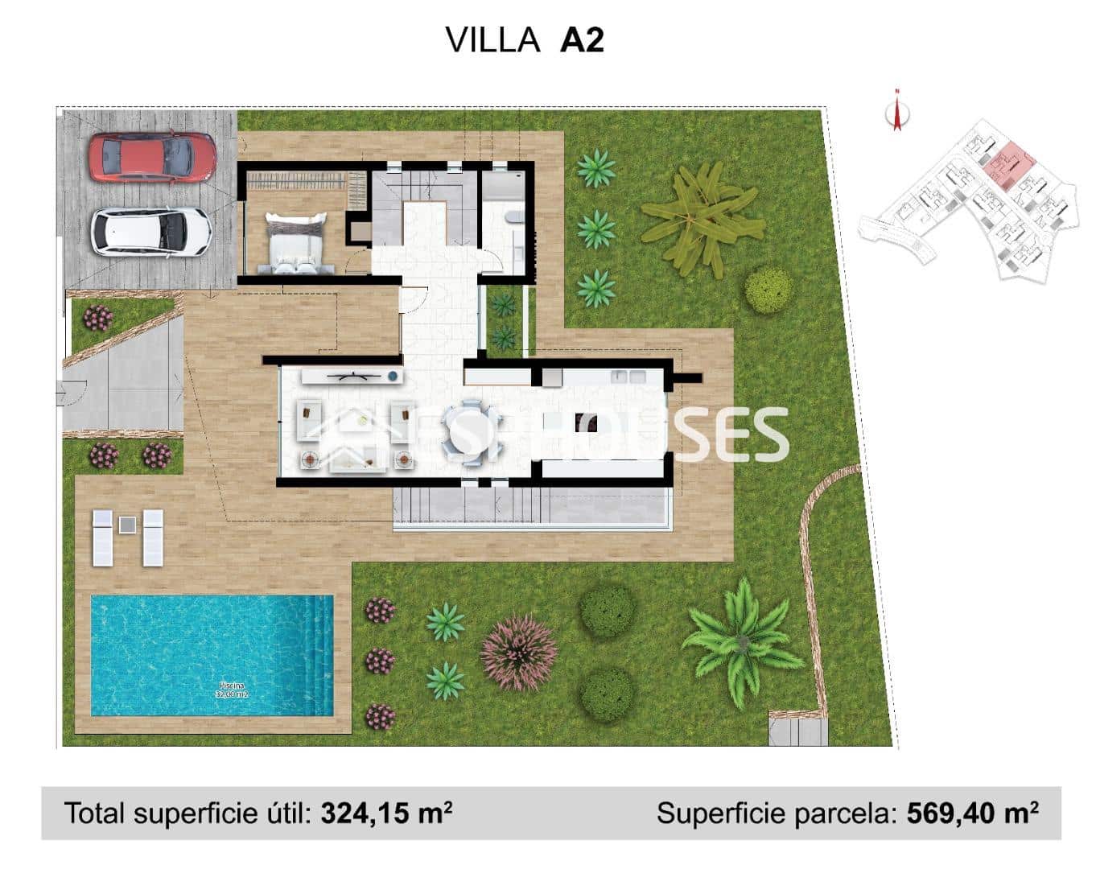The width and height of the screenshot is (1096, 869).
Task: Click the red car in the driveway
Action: [152, 156]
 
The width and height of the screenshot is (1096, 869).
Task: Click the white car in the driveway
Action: [151, 231]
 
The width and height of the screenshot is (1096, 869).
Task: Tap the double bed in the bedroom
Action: [295, 244]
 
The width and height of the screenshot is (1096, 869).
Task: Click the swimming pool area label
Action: [230, 690]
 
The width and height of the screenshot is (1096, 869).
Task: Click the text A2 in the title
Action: [581, 40]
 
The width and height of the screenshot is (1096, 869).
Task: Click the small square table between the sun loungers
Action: [127, 525]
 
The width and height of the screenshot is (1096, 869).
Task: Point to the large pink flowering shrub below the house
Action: [519, 653]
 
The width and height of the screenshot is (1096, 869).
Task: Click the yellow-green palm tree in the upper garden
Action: [702, 216]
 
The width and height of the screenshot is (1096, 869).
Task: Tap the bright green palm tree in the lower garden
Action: [741, 643]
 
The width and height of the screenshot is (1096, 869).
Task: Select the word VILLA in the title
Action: [493, 40]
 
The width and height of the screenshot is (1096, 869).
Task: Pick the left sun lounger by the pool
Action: [103, 537]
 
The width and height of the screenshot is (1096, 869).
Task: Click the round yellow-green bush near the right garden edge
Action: [768, 290]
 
